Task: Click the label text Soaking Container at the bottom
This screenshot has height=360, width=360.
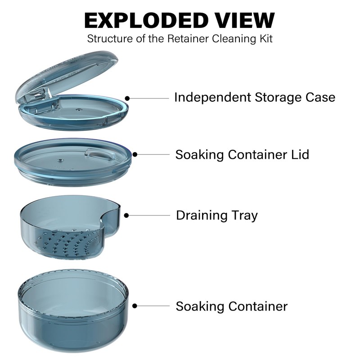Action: point(231,306)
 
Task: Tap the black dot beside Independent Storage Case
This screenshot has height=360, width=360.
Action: point(128,98)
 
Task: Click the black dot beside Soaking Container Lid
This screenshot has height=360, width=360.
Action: point(135,154)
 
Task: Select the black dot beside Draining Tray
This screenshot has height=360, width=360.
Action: point(127,216)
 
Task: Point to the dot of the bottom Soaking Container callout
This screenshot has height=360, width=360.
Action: point(135,306)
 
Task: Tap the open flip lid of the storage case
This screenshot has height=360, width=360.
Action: point(63,74)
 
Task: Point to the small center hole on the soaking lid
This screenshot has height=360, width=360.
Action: point(60,159)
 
